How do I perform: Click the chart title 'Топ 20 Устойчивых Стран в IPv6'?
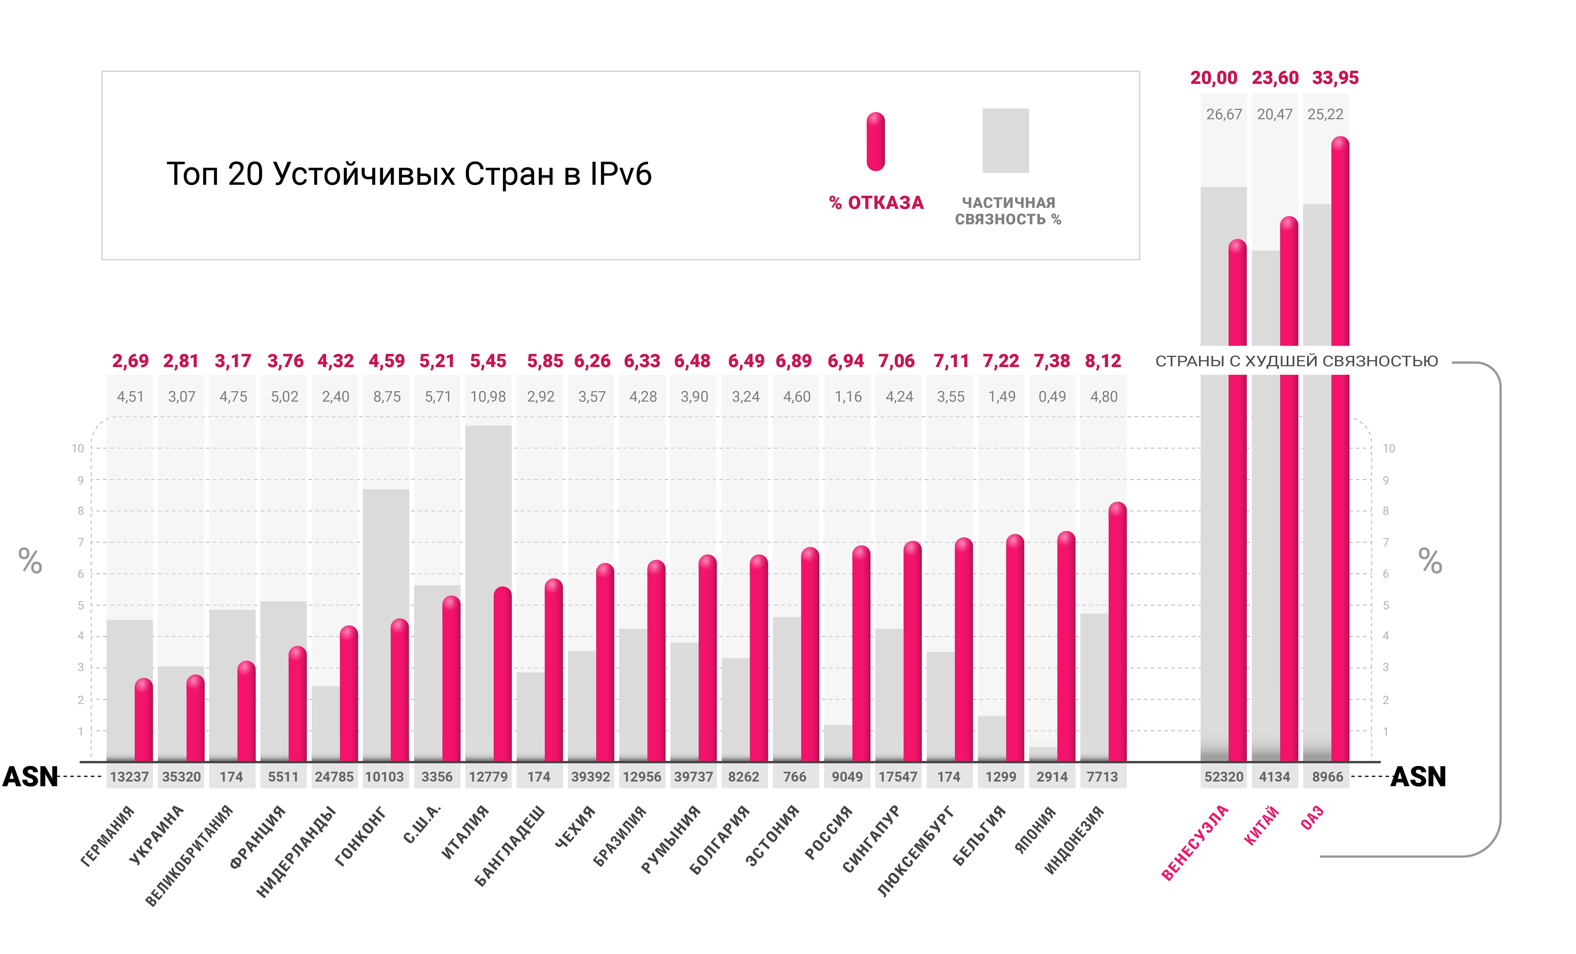pyautogui.click(x=409, y=174)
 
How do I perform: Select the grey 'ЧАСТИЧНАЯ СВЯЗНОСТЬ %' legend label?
pyautogui.click(x=1008, y=211)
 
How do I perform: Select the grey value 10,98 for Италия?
pyautogui.click(x=488, y=397)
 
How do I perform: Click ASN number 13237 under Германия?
pyautogui.click(x=129, y=777)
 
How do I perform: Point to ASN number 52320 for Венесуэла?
pyautogui.click(x=1223, y=777)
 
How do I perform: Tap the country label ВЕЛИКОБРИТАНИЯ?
pyautogui.click(x=189, y=857)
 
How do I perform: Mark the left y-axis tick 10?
pyautogui.click(x=78, y=448)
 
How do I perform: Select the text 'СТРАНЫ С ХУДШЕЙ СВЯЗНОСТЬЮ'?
pyautogui.click(x=1297, y=361)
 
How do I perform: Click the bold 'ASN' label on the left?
pyautogui.click(x=30, y=777)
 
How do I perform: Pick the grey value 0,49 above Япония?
pyautogui.click(x=1052, y=397)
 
